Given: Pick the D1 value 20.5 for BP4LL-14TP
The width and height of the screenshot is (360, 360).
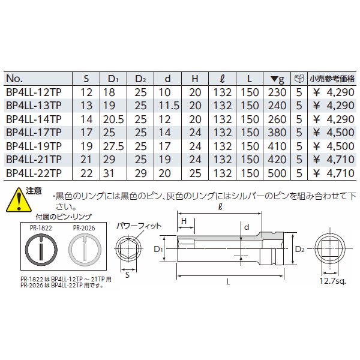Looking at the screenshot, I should pyautogui.click(x=113, y=119).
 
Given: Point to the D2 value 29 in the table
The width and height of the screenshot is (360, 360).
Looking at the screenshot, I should pyautogui.click(x=140, y=173).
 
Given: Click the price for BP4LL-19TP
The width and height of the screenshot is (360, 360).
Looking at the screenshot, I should pyautogui.click(x=332, y=146).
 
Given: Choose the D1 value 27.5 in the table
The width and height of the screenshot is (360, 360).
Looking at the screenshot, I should pyautogui.click(x=113, y=146).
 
